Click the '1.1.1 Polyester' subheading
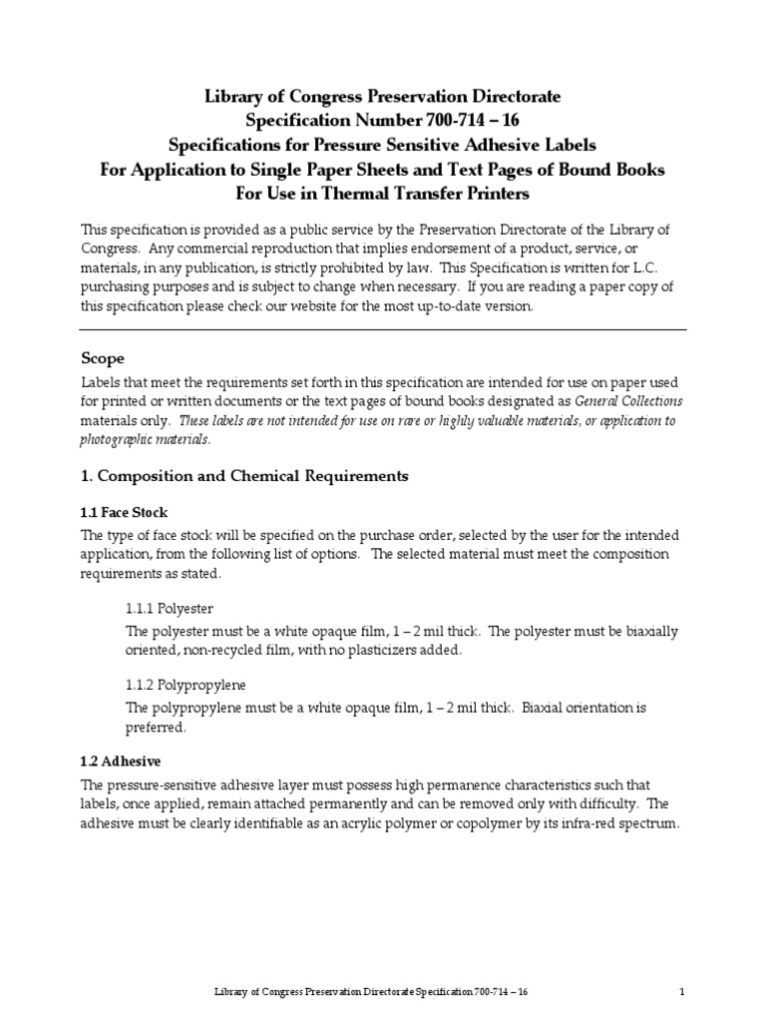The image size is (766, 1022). coord(169,608)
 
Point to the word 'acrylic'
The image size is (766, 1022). coord(366,823)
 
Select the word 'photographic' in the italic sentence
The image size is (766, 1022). coord(118,439)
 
